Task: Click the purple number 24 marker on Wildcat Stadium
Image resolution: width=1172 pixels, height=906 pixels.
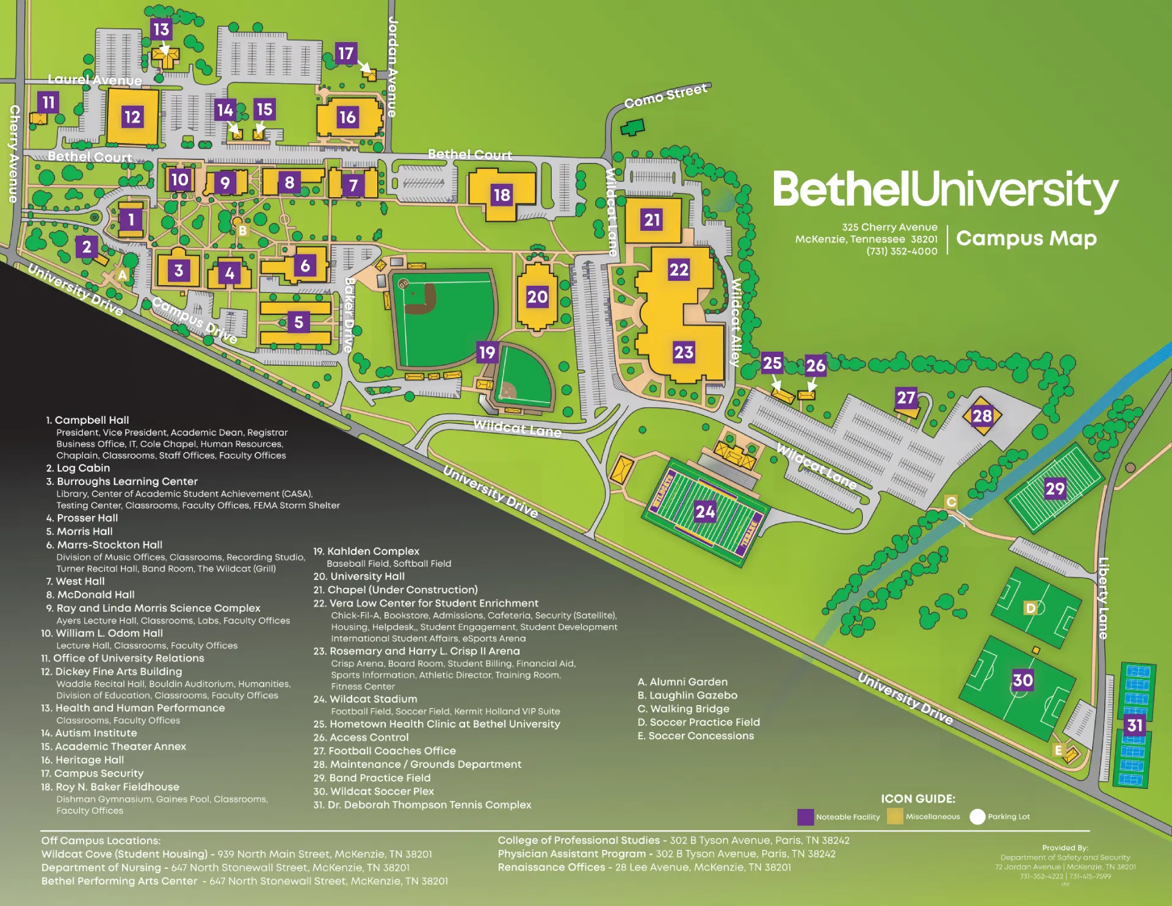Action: (x=705, y=512)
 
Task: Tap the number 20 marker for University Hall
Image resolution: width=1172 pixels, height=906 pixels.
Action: (x=537, y=297)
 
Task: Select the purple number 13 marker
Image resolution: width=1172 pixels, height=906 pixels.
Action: (x=161, y=29)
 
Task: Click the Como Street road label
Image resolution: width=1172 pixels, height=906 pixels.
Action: (x=665, y=96)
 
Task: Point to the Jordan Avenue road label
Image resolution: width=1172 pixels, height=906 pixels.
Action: (x=392, y=67)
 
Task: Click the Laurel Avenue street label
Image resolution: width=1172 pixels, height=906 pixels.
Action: (x=95, y=80)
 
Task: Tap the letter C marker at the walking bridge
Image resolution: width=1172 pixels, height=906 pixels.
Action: (x=951, y=502)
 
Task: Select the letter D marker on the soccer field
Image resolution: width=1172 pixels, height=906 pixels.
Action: (x=1030, y=607)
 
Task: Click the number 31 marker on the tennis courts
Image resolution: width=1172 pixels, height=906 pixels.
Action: (x=1135, y=725)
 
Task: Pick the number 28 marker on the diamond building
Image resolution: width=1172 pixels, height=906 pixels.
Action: (x=982, y=416)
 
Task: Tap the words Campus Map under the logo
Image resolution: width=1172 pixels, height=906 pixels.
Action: (x=1026, y=238)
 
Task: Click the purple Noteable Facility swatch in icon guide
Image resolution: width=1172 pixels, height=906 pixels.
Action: (x=805, y=817)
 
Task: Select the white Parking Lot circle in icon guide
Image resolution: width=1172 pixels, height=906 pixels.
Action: (x=977, y=817)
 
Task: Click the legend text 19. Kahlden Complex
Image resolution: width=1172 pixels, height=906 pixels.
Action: (x=366, y=551)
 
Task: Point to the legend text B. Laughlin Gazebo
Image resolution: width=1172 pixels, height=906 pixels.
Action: (x=687, y=695)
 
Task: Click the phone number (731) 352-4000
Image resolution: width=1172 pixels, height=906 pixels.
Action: (x=902, y=252)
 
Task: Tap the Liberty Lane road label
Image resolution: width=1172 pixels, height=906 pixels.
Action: (x=1103, y=598)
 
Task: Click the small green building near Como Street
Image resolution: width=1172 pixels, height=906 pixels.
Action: (x=632, y=128)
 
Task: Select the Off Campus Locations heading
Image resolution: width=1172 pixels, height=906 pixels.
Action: (x=101, y=841)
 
